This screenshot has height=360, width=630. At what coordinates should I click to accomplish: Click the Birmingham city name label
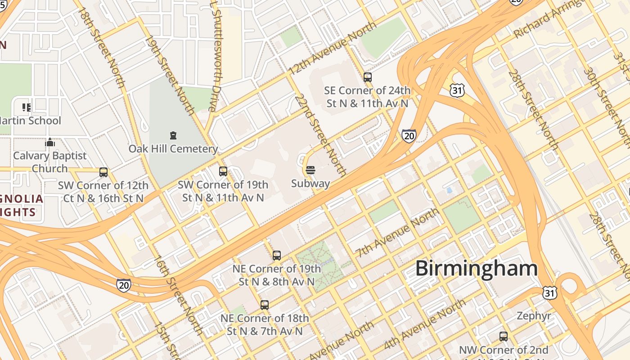(x=476, y=269)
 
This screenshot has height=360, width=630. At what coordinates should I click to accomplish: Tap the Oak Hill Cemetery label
(x=173, y=148)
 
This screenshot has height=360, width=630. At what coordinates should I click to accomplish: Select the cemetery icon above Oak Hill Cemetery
(x=173, y=135)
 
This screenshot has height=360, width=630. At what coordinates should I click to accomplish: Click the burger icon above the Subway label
(x=310, y=170)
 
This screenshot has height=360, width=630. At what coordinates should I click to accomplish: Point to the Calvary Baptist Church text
(x=49, y=162)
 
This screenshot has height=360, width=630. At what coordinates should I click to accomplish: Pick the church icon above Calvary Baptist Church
(x=50, y=143)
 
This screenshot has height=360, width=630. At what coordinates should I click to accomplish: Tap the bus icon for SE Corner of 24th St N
(x=368, y=77)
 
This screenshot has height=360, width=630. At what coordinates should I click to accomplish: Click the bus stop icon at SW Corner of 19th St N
(x=223, y=171)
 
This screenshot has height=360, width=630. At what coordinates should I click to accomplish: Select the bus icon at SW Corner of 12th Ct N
(x=103, y=172)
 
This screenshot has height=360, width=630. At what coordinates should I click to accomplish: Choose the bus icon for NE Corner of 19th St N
(x=277, y=255)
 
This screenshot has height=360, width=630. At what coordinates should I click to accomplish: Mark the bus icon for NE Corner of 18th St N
(x=265, y=305)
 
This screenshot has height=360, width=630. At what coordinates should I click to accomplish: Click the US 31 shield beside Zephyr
(x=549, y=292)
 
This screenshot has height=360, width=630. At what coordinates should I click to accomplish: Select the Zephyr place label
(x=534, y=315)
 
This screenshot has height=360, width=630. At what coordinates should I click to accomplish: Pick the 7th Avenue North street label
(x=397, y=233)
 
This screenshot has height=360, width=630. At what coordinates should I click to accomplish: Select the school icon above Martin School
(x=27, y=107)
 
